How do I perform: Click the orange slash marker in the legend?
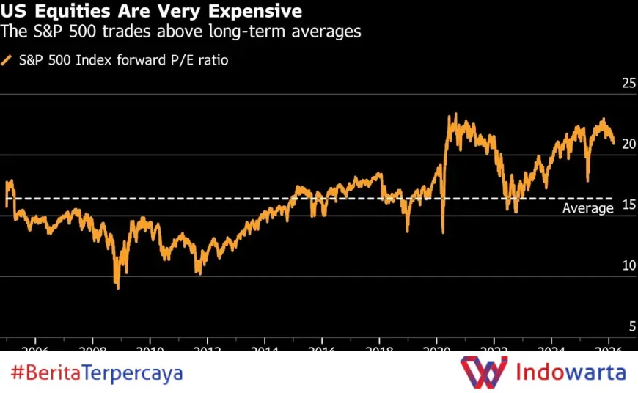click(7, 60)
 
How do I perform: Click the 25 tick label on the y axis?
click(628, 84)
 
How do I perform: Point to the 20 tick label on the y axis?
click(628, 144)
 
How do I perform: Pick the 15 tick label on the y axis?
click(628, 205)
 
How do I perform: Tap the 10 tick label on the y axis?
click(628, 266)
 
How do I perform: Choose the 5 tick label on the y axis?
click(631, 326)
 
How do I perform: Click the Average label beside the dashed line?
click(587, 209)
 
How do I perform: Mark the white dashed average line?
click(220, 199)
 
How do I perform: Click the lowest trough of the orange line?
click(117, 287)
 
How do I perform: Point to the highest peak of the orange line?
click(455, 114)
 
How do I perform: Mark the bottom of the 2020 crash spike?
click(443, 232)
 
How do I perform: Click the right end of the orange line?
click(614, 144)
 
